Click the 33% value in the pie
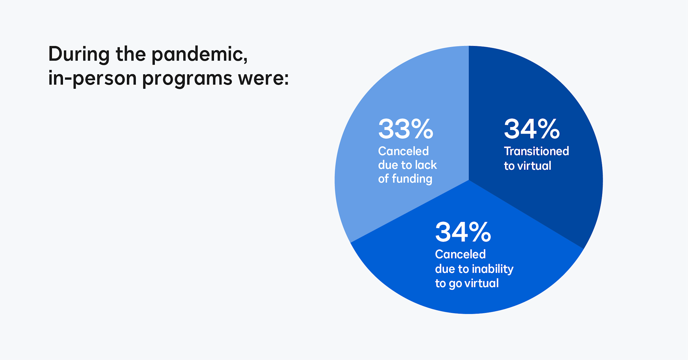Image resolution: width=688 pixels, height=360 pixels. (x=405, y=129)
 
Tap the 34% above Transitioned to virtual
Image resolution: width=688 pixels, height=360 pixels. (x=531, y=129)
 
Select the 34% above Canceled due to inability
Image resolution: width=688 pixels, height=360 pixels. (x=463, y=232)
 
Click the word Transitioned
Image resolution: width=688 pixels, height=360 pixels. (x=536, y=151)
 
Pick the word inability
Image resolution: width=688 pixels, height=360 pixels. (x=493, y=269)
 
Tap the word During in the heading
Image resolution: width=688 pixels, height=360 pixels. (x=79, y=54)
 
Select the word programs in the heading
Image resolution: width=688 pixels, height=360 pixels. (x=187, y=79)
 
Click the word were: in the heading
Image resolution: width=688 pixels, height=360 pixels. (x=263, y=79)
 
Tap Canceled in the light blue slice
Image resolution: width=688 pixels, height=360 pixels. (x=403, y=151)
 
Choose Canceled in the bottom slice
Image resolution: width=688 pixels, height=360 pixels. (x=460, y=254)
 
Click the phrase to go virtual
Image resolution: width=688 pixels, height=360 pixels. (x=466, y=283)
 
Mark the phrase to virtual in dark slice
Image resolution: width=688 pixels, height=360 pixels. (x=527, y=166)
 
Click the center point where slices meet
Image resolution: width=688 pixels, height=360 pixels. (x=469, y=180)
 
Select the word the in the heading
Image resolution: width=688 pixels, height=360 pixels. (x=130, y=54)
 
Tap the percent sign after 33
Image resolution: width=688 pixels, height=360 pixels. (x=422, y=129)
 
